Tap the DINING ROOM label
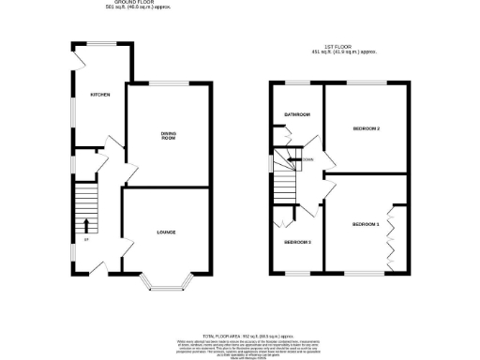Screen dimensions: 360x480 tap(168, 136)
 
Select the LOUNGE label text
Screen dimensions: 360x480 tap(167, 232)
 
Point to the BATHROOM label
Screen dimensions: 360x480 tap(297, 114)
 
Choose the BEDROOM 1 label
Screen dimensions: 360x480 tap(366, 225)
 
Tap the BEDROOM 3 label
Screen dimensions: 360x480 tap(297, 242)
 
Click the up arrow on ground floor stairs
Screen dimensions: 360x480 tap(86, 225)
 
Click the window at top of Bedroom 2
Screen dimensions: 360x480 tap(367, 82)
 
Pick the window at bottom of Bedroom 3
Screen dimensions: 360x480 tap(297, 275)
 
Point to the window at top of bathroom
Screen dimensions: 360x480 tap(297, 82)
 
